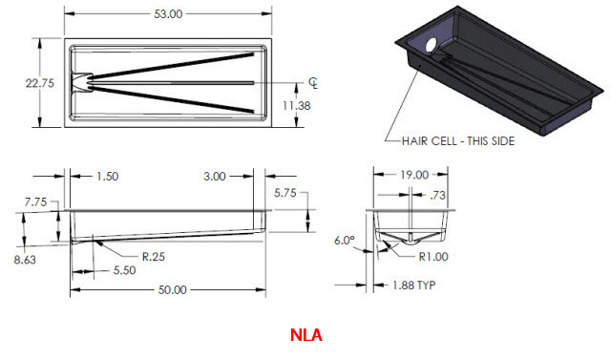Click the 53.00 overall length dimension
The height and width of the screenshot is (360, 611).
[168, 14]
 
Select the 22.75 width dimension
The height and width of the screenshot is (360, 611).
[40, 83]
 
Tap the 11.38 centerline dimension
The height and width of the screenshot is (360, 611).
[297, 105]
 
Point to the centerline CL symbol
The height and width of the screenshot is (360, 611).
[313, 83]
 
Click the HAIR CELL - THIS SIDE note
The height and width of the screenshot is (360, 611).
[458, 141]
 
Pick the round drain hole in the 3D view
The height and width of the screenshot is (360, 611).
[431, 45]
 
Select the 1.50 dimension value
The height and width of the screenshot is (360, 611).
[107, 176]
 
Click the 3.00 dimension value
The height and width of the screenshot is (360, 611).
[215, 176]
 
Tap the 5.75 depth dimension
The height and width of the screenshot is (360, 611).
[284, 193]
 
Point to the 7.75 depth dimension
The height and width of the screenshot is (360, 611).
[35, 201]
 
